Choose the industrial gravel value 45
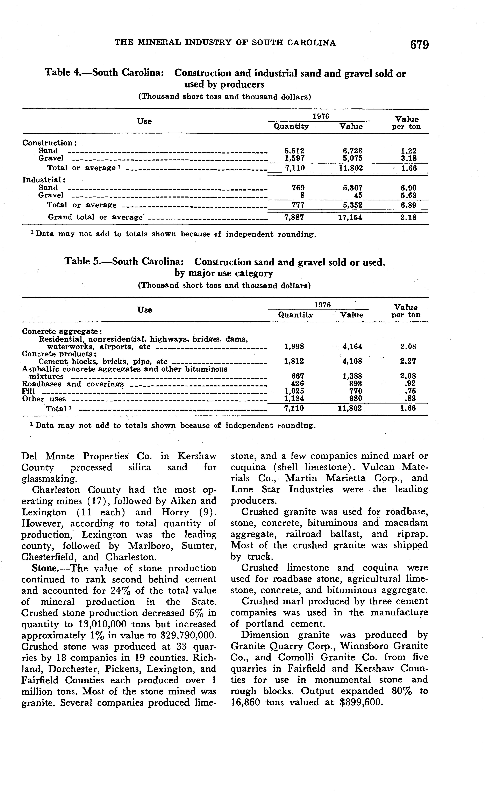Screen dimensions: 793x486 (358, 195)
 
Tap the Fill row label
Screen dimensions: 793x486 (28, 391)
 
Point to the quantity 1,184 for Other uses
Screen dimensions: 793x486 (294, 398)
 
